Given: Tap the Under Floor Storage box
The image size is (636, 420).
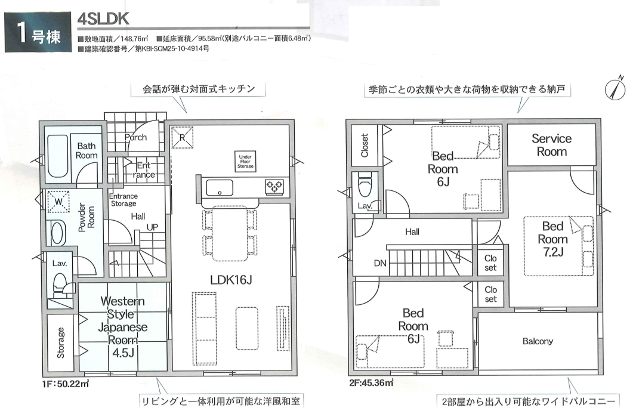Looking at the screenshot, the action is pyautogui.click(x=245, y=161).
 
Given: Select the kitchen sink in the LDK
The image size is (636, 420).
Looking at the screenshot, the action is pyautogui.click(x=220, y=188).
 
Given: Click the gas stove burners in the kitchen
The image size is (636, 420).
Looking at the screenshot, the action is pyautogui.click(x=274, y=187).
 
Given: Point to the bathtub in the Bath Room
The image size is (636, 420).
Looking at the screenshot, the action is pyautogui.click(x=57, y=156).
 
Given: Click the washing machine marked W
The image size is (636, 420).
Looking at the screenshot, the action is pyautogui.click(x=58, y=202).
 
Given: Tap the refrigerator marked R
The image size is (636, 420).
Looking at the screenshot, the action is pyautogui.click(x=182, y=138).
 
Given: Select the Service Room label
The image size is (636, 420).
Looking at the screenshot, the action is pyautogui.click(x=552, y=145).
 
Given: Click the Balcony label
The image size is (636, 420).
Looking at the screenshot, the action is pyautogui.click(x=538, y=341).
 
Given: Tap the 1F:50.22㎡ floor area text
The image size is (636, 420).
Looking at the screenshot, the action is pyautogui.click(x=65, y=383).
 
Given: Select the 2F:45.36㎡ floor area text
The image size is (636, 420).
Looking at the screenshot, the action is pyautogui.click(x=371, y=382).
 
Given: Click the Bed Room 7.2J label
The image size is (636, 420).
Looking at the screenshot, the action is pyautogui.click(x=552, y=239).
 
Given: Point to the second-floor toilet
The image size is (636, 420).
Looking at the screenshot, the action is pyautogui.click(x=365, y=186).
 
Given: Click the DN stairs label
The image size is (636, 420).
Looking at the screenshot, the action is pyautogui.click(x=380, y=264).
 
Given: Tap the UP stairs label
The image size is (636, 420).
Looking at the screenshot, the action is pyautogui.click(x=153, y=227).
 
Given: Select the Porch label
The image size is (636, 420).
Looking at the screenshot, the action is pyautogui.click(x=135, y=137).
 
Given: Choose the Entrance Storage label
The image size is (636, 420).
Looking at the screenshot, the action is pyautogui.click(x=124, y=200).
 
